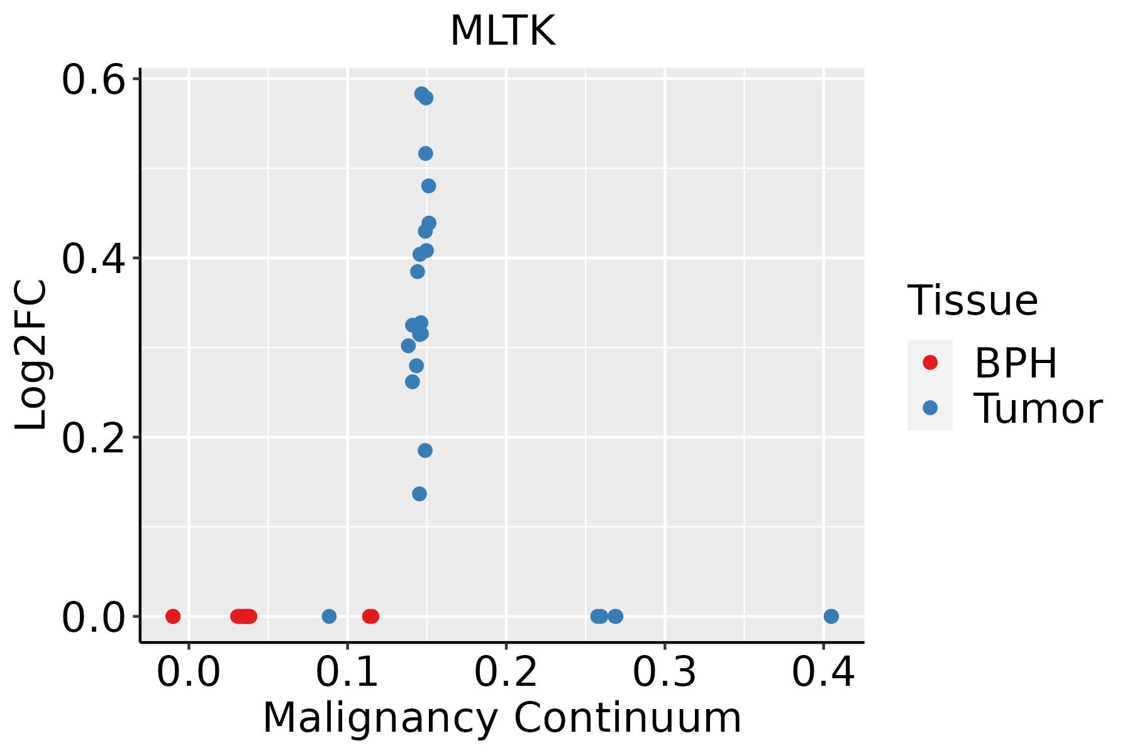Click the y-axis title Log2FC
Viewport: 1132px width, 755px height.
(31, 355)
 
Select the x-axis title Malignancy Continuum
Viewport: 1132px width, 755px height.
(502, 718)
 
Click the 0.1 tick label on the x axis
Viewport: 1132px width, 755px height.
(347, 672)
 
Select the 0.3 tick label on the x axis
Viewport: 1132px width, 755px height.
(664, 672)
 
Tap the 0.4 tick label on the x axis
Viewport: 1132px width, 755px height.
(823, 672)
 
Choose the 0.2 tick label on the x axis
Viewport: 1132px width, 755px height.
(506, 672)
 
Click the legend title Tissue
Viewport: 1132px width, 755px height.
(972, 301)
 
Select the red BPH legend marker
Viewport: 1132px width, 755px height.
(929, 362)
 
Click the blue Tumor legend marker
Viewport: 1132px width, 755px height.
(929, 408)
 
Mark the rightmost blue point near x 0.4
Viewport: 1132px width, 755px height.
(831, 616)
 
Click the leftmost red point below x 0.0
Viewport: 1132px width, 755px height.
(173, 616)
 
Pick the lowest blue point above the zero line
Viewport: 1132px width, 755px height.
(419, 494)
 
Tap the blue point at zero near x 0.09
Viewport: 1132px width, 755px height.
(329, 616)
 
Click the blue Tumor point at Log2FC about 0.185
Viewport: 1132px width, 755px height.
(425, 450)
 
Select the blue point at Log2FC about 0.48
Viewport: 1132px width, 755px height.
(428, 186)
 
